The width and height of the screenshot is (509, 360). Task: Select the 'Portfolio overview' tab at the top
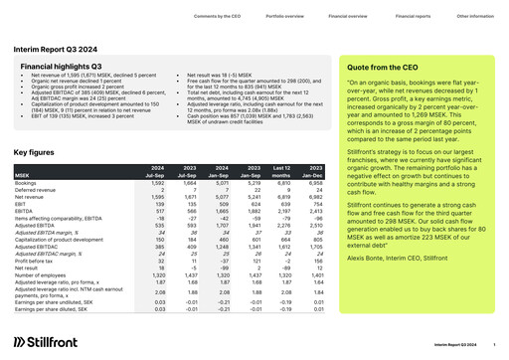[x=258, y=18]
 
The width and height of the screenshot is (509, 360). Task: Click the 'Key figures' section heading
[x=35, y=153]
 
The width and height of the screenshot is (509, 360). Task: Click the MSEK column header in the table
[x=23, y=174]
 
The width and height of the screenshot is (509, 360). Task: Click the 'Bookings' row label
[x=28, y=184]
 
